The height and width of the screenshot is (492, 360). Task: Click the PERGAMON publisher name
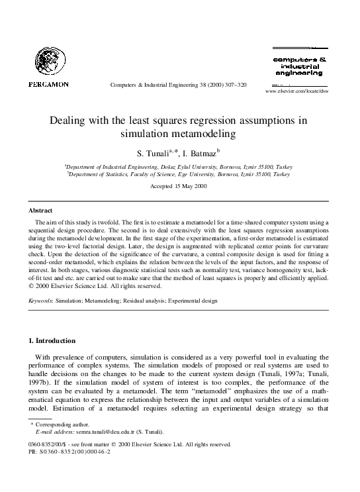48,84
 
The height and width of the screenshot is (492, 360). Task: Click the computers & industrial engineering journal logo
296,66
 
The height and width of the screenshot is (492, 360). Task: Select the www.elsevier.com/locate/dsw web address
296,91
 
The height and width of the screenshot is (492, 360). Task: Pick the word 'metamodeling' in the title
206,133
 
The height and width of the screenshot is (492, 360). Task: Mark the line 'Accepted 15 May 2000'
179,188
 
